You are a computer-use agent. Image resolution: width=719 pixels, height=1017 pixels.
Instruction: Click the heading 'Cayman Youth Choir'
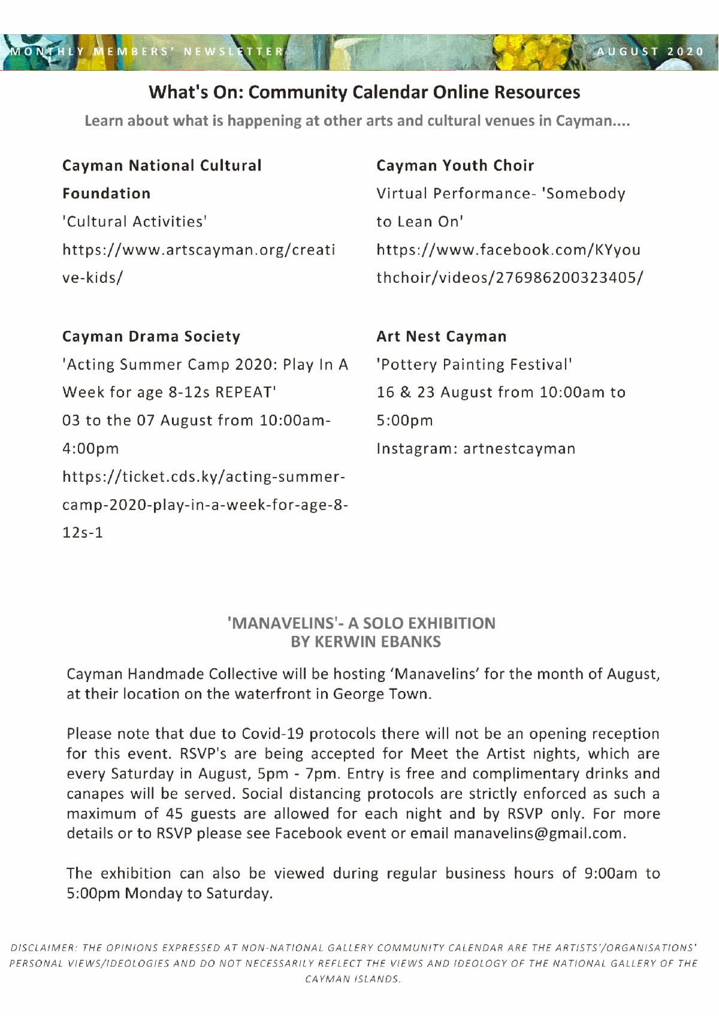[455, 165]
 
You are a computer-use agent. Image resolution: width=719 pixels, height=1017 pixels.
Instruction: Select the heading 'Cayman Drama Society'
[151, 336]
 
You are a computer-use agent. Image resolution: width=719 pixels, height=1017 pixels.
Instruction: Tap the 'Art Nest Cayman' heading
[441, 336]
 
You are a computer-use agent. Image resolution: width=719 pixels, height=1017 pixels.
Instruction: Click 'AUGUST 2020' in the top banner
[651, 52]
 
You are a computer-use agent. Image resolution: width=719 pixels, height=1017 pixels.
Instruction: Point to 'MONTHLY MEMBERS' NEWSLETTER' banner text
[147, 52]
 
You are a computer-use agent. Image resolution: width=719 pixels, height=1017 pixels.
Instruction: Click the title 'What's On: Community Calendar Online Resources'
[364, 92]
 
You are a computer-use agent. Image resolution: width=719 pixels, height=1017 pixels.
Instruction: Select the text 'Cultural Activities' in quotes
[135, 222]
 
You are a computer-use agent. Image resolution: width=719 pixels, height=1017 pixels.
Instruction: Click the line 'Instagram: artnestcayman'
[476, 448]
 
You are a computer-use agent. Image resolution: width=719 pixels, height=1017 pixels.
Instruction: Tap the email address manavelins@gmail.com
[539, 833]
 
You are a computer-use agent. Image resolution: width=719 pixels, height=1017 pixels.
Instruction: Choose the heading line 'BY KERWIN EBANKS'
[365, 642]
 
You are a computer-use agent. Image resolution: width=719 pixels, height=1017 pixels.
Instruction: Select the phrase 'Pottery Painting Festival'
[474, 364]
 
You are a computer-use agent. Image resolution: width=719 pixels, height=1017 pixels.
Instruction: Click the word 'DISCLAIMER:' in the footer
[42, 949]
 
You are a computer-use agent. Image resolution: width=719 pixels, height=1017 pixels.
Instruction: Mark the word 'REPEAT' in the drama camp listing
[243, 393]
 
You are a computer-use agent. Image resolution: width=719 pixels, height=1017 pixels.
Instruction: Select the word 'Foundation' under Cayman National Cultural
[106, 194]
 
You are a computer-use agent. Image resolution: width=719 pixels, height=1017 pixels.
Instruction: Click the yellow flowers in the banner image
[533, 51]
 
